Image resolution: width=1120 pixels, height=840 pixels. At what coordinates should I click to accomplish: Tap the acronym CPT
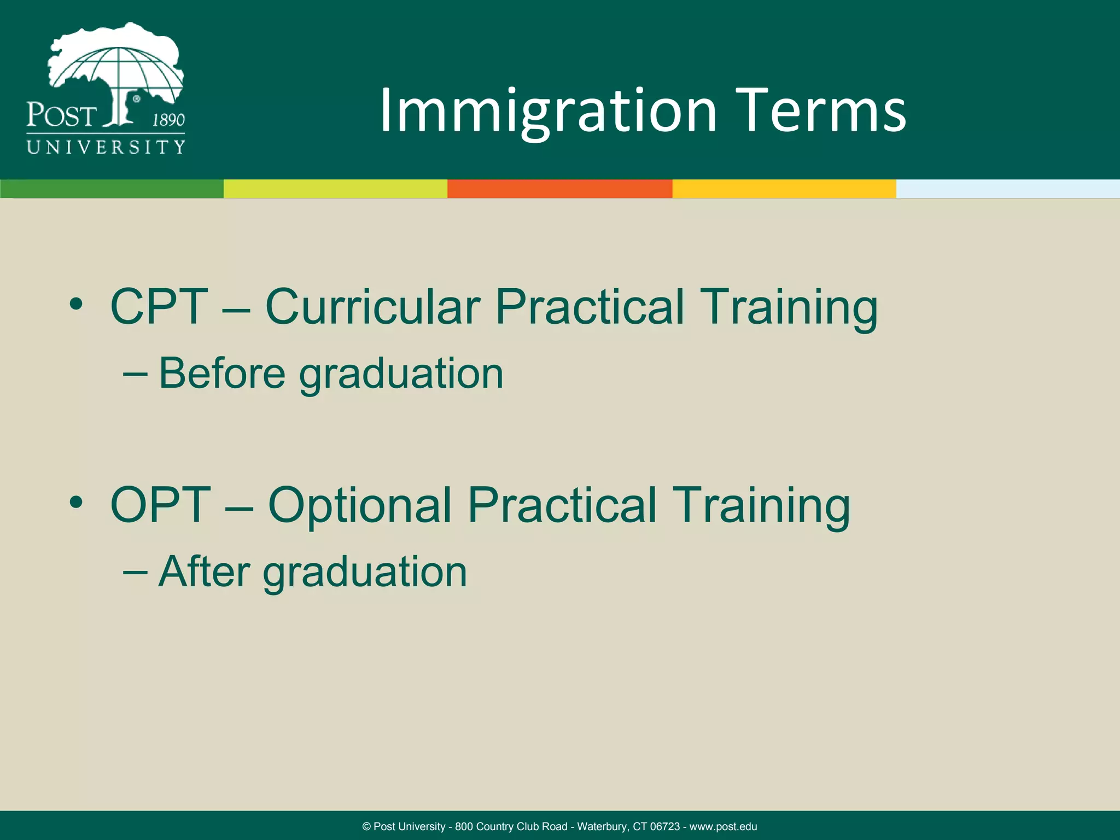point(159,307)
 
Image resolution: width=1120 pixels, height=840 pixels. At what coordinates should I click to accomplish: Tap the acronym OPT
point(160,505)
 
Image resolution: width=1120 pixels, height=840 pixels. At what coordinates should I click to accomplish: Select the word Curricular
point(372,307)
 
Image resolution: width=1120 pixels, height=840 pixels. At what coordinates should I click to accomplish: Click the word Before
point(221,374)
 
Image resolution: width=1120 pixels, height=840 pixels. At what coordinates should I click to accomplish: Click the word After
point(204,572)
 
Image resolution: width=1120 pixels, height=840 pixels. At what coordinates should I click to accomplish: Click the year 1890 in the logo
point(168,120)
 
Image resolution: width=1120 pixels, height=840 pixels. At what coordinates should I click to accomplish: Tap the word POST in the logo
point(61,116)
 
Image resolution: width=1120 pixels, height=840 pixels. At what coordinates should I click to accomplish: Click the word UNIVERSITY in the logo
point(106,147)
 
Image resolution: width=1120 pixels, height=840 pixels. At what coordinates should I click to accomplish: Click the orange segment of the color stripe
point(559,189)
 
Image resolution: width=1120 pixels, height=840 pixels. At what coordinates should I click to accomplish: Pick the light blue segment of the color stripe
point(1007,189)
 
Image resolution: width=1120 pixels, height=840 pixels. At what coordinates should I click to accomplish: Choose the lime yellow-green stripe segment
point(335,189)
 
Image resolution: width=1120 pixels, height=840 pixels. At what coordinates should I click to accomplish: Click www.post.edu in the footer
point(723,826)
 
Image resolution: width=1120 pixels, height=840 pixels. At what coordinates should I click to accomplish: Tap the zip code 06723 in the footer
point(664,826)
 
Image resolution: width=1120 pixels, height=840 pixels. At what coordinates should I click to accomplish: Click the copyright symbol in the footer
point(366,826)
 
